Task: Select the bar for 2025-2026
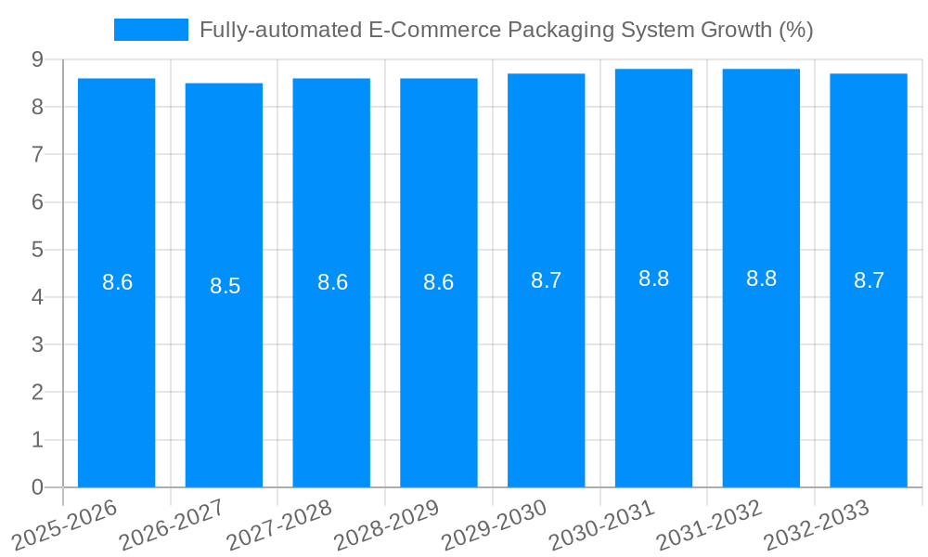(116, 371)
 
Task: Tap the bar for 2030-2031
(653, 371)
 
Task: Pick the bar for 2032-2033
(869, 371)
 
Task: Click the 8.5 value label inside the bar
(225, 286)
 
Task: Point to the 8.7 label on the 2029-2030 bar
(546, 280)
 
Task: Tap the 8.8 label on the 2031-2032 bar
(761, 278)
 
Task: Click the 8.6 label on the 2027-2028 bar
(332, 282)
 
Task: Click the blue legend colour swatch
(150, 30)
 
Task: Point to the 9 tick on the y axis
(37, 59)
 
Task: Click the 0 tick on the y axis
(37, 487)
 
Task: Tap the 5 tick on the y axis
(37, 250)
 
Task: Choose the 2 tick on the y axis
(37, 393)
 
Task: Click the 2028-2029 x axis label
(387, 526)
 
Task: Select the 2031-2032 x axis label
(709, 526)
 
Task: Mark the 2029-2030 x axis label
(495, 526)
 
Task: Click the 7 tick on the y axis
(37, 154)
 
